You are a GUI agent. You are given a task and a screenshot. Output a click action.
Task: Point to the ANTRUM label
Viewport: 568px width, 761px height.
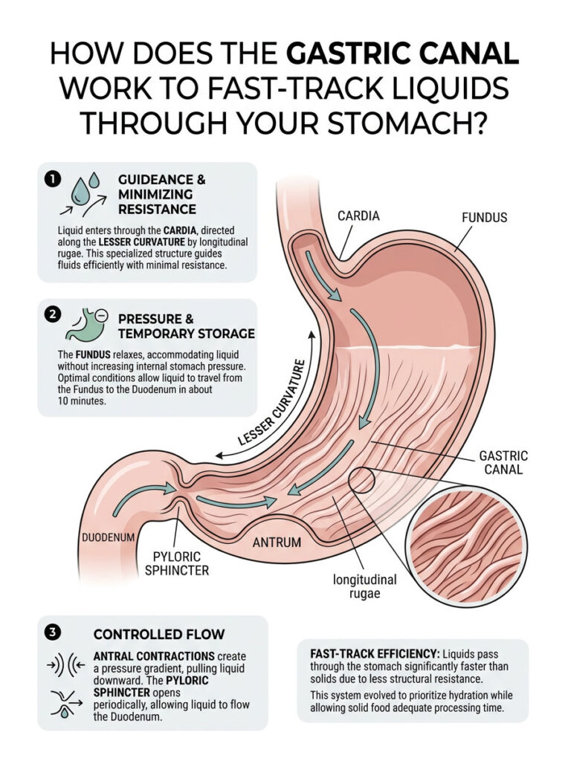pos(277,542)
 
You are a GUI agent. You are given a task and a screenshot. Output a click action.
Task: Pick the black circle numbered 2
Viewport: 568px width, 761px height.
pos(52,314)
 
